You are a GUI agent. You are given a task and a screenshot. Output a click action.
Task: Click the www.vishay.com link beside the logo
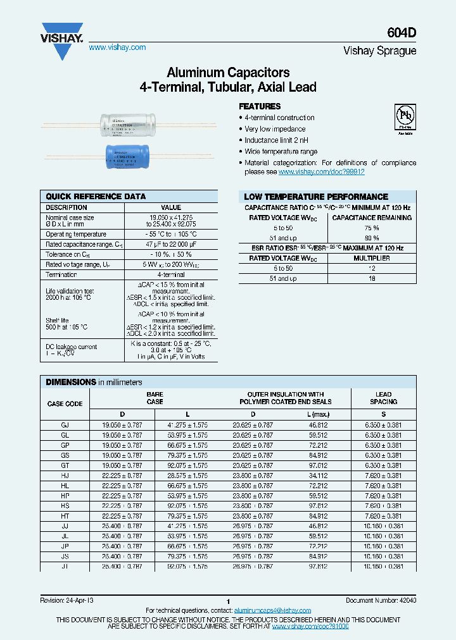tap(117, 47)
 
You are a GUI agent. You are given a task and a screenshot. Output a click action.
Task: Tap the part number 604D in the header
tap(403, 35)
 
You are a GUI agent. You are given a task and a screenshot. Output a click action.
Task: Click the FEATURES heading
tap(260, 106)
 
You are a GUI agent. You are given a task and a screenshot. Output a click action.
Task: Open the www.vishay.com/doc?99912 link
tap(321, 172)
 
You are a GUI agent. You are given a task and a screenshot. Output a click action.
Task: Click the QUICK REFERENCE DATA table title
tap(96, 197)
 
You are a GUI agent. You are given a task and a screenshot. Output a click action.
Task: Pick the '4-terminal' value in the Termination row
tap(171, 275)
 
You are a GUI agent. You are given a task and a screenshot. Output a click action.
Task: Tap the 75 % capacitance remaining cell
tap(372, 228)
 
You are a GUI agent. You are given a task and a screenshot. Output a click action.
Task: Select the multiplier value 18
tap(372, 278)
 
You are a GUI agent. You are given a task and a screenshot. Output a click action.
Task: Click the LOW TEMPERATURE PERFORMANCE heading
tap(316, 197)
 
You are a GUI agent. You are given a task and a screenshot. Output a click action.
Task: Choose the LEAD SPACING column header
tap(383, 398)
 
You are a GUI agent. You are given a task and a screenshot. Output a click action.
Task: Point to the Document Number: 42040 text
tap(381, 600)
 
